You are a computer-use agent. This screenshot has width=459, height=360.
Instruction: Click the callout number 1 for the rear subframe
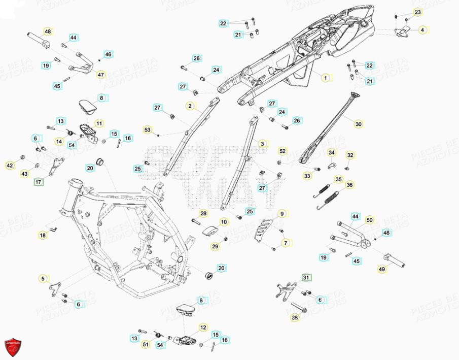pos(326,78)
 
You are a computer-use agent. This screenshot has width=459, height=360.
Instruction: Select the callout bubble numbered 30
pos(359,124)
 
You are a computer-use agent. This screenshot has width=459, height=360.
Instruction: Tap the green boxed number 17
pos(39,181)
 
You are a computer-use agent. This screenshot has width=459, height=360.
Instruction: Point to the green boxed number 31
pos(305,277)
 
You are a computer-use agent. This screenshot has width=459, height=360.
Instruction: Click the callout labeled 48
pos(48,32)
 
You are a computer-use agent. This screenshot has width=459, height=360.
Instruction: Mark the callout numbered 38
pos(295,318)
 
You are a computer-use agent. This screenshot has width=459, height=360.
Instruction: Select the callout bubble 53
pos(148,130)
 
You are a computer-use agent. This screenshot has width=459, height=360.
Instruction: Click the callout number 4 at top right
pos(422,30)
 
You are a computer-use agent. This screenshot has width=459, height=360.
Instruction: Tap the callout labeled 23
pos(417,12)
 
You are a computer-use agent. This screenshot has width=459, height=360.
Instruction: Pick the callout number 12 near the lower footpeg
pos(202,328)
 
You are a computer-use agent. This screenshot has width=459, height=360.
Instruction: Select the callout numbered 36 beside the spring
pos(349,185)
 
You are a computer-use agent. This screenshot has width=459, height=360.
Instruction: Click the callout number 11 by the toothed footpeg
pos(99,123)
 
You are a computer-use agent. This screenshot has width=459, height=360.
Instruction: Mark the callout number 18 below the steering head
pos(43,235)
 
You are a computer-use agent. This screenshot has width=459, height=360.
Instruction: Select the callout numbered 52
pos(283,151)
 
